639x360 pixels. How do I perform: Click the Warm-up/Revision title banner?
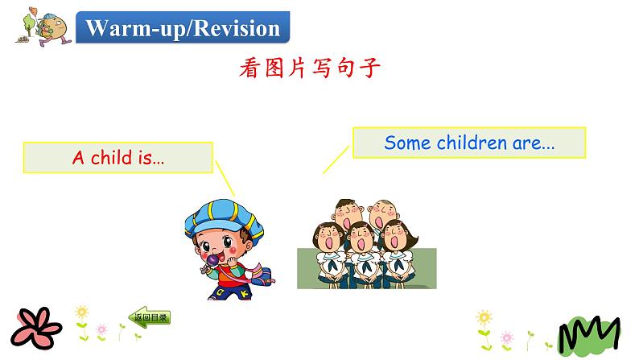183,29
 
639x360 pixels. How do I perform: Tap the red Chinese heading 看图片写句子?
309,68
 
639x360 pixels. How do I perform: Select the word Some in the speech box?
405,143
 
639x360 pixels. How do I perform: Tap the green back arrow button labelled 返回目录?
150,317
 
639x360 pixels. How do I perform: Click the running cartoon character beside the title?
40,28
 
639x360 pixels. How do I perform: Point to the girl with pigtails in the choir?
395,237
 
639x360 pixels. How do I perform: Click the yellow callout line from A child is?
225,178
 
